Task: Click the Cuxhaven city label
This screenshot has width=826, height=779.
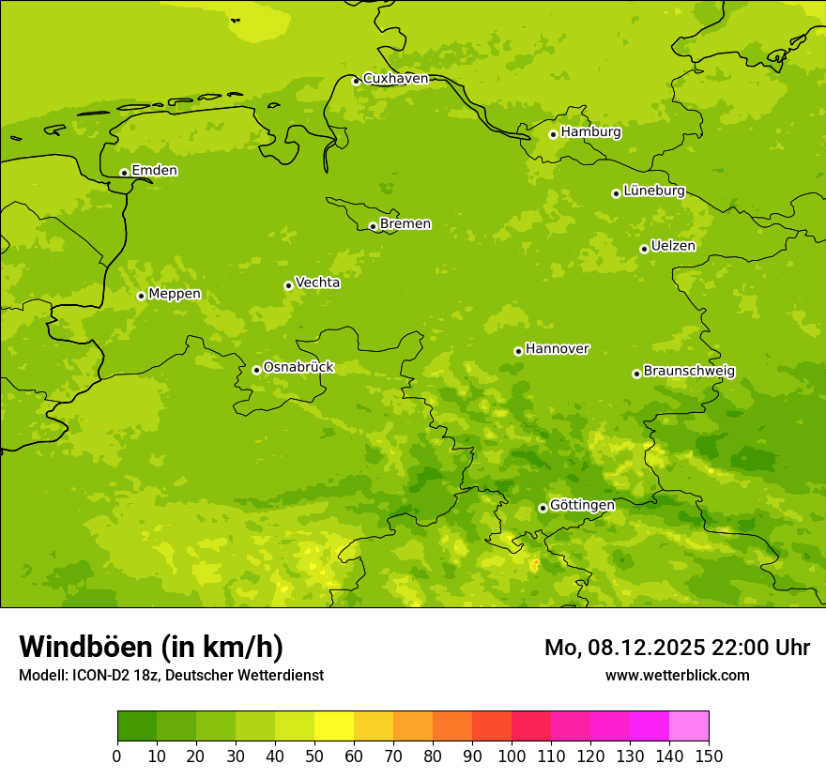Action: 395,79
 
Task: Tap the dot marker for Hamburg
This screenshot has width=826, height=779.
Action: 553,134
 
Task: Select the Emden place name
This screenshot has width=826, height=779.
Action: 154,171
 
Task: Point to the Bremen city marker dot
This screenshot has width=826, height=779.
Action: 373,226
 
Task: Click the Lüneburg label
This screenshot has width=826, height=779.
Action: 653,191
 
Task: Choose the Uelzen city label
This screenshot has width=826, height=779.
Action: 673,247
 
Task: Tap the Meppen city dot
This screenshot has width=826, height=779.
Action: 141,296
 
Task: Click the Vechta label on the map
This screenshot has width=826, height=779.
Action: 317,283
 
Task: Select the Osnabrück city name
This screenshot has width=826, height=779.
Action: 298,368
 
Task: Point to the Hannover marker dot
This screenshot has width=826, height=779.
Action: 518,351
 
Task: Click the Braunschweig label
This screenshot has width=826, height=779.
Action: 689,372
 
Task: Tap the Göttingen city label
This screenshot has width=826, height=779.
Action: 582,505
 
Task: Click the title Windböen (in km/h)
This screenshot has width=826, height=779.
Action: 151,647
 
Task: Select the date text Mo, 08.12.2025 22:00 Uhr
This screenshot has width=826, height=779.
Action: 677,648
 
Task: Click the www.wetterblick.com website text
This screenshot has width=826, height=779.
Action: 677,675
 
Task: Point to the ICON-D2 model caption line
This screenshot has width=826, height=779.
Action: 171,675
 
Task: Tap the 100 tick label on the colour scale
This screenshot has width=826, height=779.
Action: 512,756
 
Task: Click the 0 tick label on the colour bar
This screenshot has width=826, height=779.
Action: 117,756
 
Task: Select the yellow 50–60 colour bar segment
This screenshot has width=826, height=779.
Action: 334,726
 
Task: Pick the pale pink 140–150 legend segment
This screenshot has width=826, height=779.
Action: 689,726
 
